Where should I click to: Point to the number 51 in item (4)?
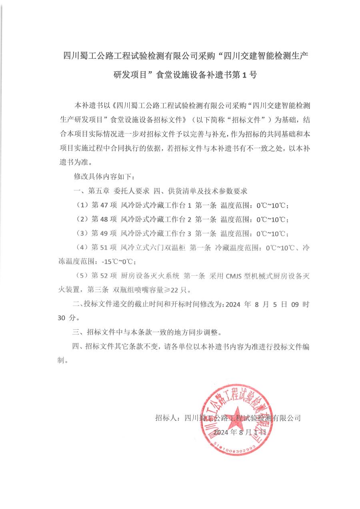(104, 248)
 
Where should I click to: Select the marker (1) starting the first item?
(82, 205)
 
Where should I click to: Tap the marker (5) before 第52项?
(82, 276)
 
